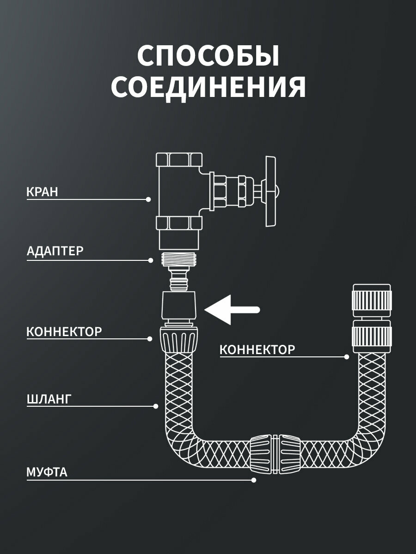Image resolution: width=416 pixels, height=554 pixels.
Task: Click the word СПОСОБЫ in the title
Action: [x=208, y=57]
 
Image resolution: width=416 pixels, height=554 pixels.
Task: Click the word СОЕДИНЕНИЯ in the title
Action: [x=208, y=87]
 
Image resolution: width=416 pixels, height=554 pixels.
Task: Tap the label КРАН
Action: [x=42, y=192]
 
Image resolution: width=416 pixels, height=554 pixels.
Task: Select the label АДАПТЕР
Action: [x=55, y=251]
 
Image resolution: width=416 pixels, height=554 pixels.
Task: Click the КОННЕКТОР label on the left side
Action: [x=64, y=331]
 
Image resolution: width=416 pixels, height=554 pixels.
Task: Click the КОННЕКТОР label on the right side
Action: [x=257, y=349]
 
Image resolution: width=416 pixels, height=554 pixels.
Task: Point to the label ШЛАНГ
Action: [x=49, y=399]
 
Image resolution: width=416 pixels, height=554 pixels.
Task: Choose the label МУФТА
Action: [x=47, y=472]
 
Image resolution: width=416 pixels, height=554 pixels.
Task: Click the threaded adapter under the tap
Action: [x=179, y=260]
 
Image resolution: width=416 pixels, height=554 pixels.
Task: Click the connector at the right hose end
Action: [x=372, y=319]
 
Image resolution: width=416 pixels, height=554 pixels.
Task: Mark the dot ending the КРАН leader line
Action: [x=148, y=199]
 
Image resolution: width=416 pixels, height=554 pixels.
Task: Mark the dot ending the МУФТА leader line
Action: [x=253, y=480]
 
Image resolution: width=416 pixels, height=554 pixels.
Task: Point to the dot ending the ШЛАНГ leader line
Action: [x=156, y=406]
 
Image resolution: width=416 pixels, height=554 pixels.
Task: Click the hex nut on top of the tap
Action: [x=179, y=160]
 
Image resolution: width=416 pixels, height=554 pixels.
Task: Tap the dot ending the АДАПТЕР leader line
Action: [x=151, y=260]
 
